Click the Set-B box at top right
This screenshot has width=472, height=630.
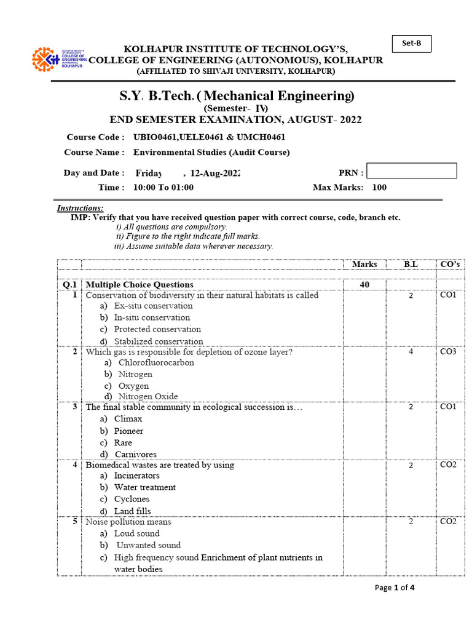tap(411, 44)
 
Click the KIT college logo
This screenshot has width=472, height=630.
tap(60, 58)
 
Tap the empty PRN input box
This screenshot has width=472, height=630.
tap(411, 171)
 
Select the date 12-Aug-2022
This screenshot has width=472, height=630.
tap(215, 173)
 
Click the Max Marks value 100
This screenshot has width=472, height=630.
tap(379, 188)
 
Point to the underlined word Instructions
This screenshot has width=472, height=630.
tap(81, 208)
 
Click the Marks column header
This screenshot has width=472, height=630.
tap(364, 265)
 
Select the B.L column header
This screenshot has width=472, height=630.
tap(411, 265)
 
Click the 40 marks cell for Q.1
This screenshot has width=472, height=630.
tap(364, 284)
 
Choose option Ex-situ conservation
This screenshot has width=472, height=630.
tap(153, 306)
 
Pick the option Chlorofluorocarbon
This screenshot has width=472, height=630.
tap(156, 362)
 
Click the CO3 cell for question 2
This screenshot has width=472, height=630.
tap(448, 352)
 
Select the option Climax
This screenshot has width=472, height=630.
tap(128, 419)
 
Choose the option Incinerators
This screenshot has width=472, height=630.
tap(136, 476)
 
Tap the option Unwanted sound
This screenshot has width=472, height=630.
tap(148, 545)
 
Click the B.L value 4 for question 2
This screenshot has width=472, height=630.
tap(411, 353)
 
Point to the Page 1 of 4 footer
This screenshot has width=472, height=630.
tap(395, 588)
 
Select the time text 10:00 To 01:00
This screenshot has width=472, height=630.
tap(163, 188)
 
